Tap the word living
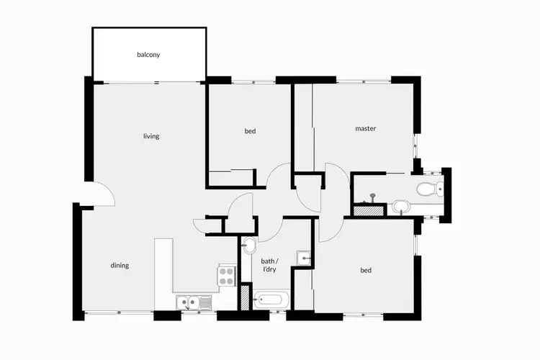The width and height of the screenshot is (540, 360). click(151, 136)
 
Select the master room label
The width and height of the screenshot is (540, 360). click(366, 129)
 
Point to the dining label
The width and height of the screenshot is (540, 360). click(120, 265)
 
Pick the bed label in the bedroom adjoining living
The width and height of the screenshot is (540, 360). click(250, 131)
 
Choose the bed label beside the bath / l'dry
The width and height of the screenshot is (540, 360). click(366, 271)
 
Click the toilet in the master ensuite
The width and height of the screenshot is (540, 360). click(428, 189)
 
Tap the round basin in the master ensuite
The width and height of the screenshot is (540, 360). click(400, 208)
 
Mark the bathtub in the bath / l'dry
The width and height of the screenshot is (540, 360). click(271, 299)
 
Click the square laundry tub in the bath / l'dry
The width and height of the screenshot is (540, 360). click(305, 258)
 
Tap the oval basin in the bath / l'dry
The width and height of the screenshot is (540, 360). click(249, 244)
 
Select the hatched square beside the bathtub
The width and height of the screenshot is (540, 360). click(246, 297)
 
